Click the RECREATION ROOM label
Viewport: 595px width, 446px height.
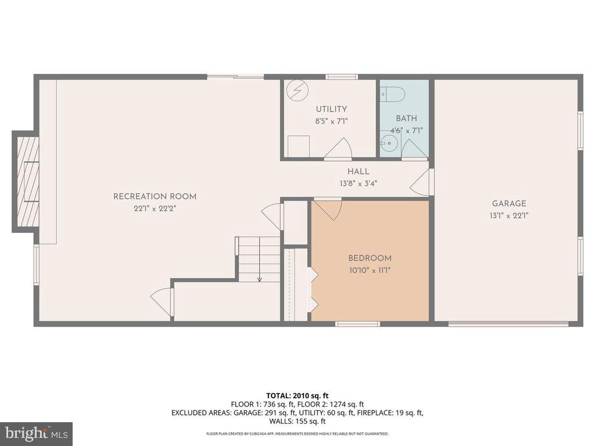[155, 196]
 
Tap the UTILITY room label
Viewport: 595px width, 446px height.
[331, 109]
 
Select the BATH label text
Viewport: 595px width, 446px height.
[406, 118]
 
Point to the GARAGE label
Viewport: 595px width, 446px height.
[509, 204]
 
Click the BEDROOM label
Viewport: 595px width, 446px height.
[370, 258]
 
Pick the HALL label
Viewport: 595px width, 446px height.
[359, 171]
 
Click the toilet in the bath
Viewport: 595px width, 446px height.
[392, 93]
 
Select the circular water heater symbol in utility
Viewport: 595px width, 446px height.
[297, 91]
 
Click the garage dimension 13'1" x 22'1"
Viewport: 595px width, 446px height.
[509, 216]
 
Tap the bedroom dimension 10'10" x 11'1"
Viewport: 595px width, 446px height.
[370, 271]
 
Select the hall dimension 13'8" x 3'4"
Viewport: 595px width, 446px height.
[359, 184]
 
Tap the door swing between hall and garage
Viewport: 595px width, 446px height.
[422, 181]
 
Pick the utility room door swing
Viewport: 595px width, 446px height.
[339, 148]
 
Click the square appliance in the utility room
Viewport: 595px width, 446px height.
[298, 146]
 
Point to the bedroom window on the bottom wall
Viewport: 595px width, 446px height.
[357, 324]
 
